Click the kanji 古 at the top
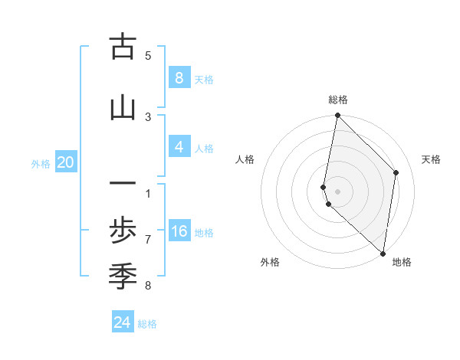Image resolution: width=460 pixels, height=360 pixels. pyautogui.click(x=123, y=47)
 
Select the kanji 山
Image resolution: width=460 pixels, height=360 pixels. pyautogui.click(x=123, y=108)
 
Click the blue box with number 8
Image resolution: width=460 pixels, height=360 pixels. pyautogui.click(x=179, y=77)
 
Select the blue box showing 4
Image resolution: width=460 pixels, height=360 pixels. pyautogui.click(x=179, y=147)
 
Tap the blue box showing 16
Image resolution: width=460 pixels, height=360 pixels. pyautogui.click(x=179, y=231)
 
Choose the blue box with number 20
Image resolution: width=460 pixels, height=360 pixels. pyautogui.click(x=66, y=162)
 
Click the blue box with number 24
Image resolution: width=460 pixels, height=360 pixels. pyautogui.click(x=123, y=322)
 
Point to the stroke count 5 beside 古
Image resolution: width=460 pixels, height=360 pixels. pyautogui.click(x=148, y=55)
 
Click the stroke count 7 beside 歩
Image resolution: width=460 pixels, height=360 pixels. pyautogui.click(x=148, y=240)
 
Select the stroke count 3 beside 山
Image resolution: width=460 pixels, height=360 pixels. pyautogui.click(x=148, y=116)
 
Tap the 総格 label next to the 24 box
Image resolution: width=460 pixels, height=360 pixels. pyautogui.click(x=148, y=324)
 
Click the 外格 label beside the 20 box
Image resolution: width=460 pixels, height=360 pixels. pyautogui.click(x=41, y=163)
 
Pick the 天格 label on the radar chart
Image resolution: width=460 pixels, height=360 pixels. pyautogui.click(x=431, y=159)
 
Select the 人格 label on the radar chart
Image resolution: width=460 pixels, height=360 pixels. pyautogui.click(x=245, y=159)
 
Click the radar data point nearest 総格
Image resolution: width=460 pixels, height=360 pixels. pyautogui.click(x=337, y=116)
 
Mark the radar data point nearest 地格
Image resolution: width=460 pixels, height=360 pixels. pyautogui.click(x=383, y=253)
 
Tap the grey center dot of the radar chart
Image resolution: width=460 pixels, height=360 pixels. pyautogui.click(x=337, y=191)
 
